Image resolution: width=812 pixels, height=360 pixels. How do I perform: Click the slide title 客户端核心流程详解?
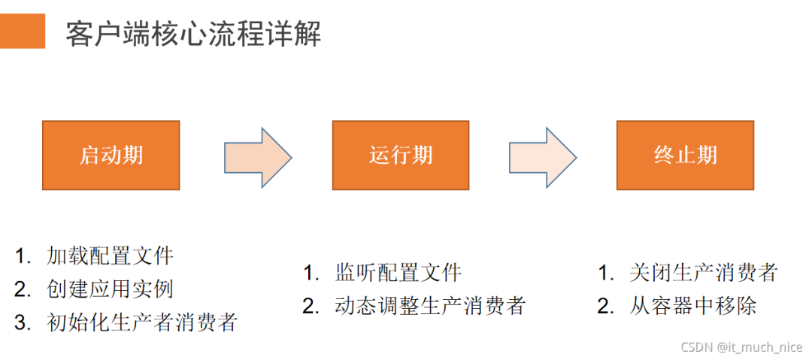pyautogui.click(x=193, y=34)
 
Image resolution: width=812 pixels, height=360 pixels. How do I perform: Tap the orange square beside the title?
pyautogui.click(x=23, y=31)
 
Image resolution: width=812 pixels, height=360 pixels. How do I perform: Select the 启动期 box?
pyautogui.click(x=111, y=155)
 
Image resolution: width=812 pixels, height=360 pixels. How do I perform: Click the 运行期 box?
pyautogui.click(x=401, y=155)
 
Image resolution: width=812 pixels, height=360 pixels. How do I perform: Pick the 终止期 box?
pyautogui.click(x=685, y=155)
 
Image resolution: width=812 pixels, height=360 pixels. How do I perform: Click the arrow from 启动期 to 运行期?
pyautogui.click(x=257, y=157)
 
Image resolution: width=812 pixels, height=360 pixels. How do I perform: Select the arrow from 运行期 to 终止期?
pyautogui.click(x=542, y=157)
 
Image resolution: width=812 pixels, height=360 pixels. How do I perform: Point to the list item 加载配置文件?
pyautogui.click(x=110, y=256)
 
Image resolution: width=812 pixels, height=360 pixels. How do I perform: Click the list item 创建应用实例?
pyautogui.click(x=110, y=289)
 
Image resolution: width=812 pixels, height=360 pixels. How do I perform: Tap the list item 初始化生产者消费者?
pyautogui.click(x=142, y=322)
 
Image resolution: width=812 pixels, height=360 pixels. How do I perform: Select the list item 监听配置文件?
pyautogui.click(x=398, y=272)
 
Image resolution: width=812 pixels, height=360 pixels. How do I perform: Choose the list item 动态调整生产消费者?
pyautogui.click(x=431, y=306)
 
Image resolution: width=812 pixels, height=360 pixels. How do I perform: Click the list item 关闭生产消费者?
pyautogui.click(x=704, y=272)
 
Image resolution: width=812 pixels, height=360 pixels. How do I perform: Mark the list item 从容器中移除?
pyautogui.click(x=692, y=306)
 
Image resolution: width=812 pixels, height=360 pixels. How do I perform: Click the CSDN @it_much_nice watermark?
pyautogui.click(x=741, y=346)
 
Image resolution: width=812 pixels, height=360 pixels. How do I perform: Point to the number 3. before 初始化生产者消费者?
pyautogui.click(x=23, y=322)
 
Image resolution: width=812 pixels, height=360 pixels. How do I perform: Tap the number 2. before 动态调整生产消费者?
pyautogui.click(x=311, y=306)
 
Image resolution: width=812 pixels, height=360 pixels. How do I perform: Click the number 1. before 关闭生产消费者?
pyautogui.click(x=606, y=272)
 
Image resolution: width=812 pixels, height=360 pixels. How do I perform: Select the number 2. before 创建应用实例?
pyautogui.click(x=23, y=289)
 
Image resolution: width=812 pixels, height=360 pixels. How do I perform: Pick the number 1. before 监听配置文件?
pyautogui.click(x=311, y=272)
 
